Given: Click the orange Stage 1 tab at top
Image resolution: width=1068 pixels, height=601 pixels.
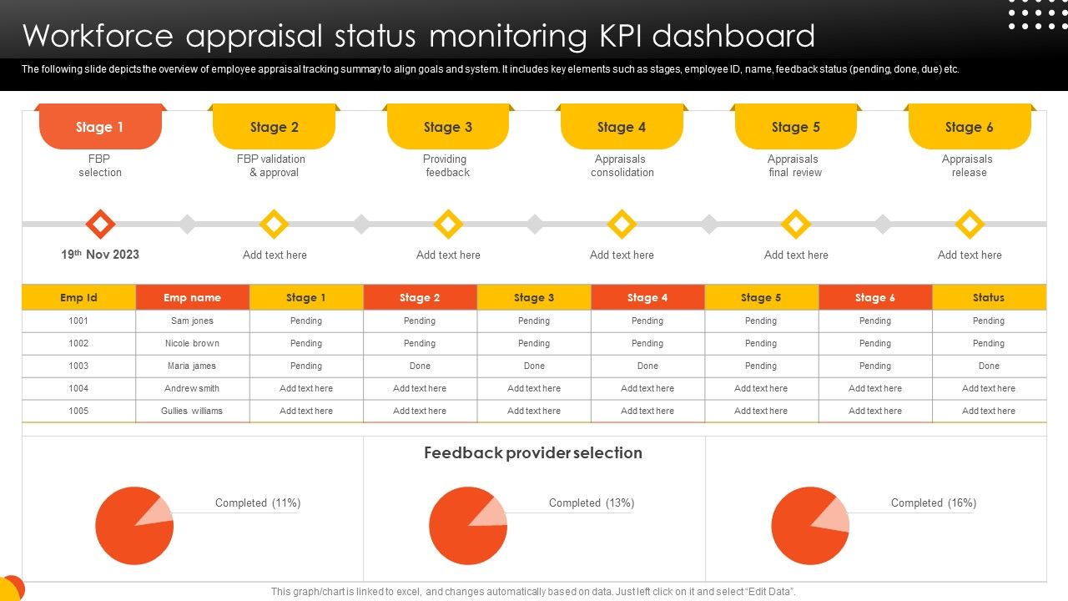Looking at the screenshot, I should (100, 127).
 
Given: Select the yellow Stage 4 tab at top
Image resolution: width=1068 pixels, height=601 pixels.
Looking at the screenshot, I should (622, 127).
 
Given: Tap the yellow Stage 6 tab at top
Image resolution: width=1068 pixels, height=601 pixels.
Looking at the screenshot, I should (969, 127).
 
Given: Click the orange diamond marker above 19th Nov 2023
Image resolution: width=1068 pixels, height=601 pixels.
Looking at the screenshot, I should (100, 224).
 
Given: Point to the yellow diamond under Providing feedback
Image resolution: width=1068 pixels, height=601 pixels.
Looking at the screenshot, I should (448, 224).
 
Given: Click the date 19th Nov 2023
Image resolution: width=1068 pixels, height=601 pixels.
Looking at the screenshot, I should (100, 255).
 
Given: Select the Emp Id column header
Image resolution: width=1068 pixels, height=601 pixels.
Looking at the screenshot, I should (78, 297).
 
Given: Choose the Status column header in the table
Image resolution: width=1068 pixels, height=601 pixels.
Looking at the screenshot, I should (989, 297).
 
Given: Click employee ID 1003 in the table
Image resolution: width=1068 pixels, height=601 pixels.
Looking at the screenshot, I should (78, 366).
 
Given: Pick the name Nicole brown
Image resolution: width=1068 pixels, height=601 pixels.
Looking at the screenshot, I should (192, 343).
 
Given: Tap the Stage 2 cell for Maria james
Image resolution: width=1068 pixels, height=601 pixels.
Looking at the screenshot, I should (420, 366).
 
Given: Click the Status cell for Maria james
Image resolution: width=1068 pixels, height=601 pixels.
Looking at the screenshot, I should (989, 366).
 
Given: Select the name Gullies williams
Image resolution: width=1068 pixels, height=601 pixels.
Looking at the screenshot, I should (192, 411).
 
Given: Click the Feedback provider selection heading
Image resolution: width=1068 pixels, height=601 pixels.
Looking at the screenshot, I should (533, 453).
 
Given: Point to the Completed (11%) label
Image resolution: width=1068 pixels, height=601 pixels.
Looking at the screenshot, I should (258, 503).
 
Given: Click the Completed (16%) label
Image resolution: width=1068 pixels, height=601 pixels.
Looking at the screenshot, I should (933, 503).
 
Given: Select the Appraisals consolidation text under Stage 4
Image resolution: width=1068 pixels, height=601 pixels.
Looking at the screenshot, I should (622, 165).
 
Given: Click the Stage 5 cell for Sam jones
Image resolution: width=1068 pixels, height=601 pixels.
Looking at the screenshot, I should (761, 321).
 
